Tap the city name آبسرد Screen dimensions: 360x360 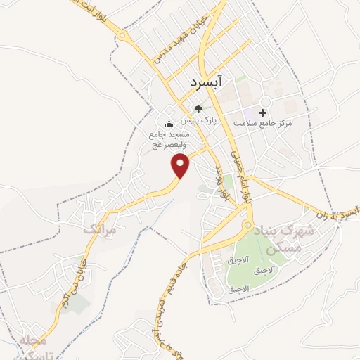pos(205,83)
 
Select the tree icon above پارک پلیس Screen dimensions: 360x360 pos(199,109)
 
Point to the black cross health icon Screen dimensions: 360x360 pos(263,112)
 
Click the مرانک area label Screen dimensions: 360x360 pos(98,229)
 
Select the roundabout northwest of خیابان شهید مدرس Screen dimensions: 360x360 pos(123,34)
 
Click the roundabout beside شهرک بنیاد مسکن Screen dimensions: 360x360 pos(247,226)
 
